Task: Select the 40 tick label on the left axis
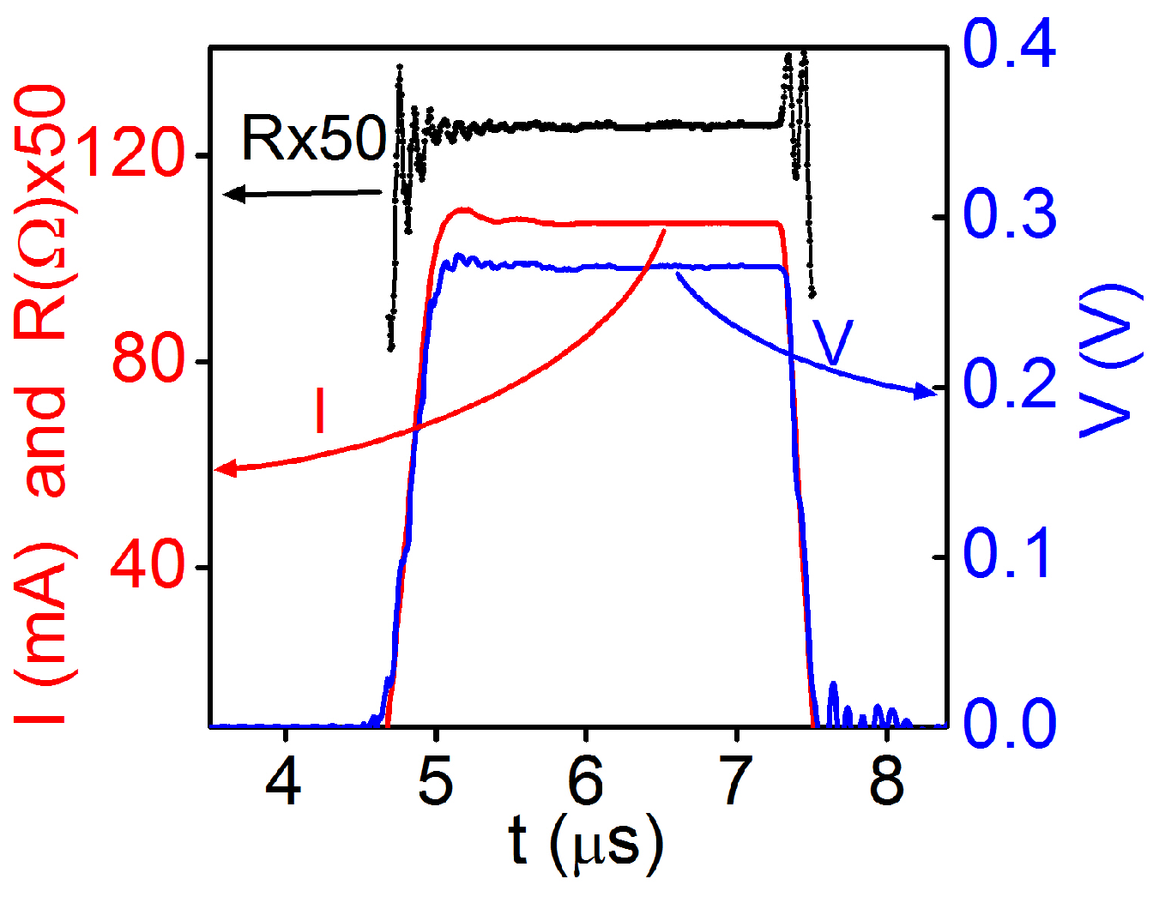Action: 148,565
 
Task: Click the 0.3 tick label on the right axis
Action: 1010,214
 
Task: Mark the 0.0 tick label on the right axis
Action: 1010,723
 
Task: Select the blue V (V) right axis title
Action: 1111,360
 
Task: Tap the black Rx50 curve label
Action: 314,138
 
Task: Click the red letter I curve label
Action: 320,412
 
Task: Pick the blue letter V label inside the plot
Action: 833,344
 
